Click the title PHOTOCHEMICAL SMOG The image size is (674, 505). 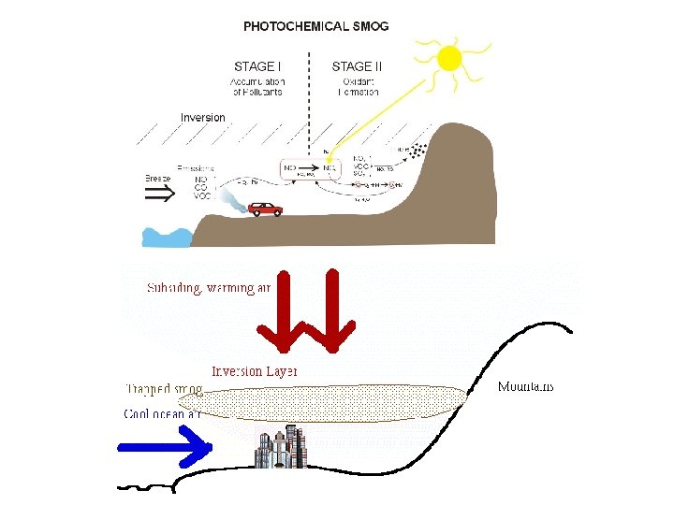click(315, 26)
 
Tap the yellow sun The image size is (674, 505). click(449, 58)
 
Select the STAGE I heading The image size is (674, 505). click(255, 66)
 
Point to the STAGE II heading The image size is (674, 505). click(357, 66)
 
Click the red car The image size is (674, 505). click(264, 209)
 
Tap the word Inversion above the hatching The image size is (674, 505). click(203, 118)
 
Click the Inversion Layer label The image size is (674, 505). click(254, 371)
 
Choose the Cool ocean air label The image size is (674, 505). click(163, 413)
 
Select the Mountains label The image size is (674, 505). click(526, 386)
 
